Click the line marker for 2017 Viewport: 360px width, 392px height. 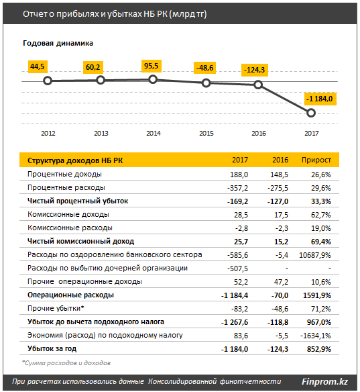coord(311,113)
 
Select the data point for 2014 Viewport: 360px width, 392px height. coord(153,79)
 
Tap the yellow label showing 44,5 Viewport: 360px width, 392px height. coord(38,66)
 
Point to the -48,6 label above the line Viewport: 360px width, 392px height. coord(205,68)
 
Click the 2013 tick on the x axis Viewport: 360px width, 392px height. coord(101,134)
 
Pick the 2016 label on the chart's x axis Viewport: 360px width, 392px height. coord(259,134)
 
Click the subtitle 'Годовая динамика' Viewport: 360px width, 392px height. coord(58,43)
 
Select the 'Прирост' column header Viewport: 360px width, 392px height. coord(316,160)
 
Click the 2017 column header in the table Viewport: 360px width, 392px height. coord(240,160)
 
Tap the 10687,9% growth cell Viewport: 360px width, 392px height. coord(315,255)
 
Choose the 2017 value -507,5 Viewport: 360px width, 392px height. coord(237,268)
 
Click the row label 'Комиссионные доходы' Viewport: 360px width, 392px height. coord(68,215)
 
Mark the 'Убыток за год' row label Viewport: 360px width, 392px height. coord(52,349)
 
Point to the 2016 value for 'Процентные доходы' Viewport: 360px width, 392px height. coord(279,175)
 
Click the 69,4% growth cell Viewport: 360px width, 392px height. coord(321,242)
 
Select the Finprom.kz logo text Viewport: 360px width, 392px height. coord(324,382)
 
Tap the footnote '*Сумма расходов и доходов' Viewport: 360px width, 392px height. coord(66,362)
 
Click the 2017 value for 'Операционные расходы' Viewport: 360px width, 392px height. coord(235,295)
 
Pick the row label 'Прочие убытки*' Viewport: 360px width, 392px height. coord(56,309)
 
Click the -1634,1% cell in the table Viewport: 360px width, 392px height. coord(316,336)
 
